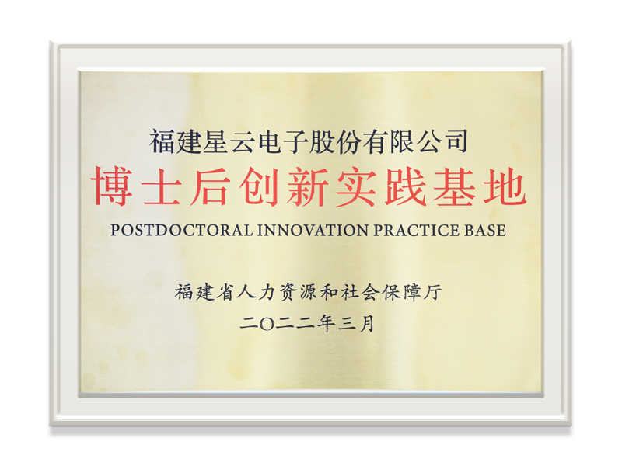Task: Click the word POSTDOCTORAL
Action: pyautogui.click(x=182, y=230)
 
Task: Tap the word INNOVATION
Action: pyautogui.click(x=313, y=230)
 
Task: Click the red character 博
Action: pyautogui.click(x=112, y=186)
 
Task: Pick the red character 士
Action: pyautogui.click(x=161, y=186)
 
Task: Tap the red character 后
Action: pyautogui.click(x=210, y=186)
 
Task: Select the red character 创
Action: pyautogui.click(x=260, y=186)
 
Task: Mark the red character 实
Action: pyautogui.click(x=356, y=186)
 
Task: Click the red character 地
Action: pyautogui.click(x=505, y=186)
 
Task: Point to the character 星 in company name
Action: pyautogui.click(x=216, y=142)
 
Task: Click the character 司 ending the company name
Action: pyautogui.click(x=456, y=142)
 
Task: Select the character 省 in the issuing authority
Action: pyautogui.click(x=225, y=293)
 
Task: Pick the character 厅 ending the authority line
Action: pyautogui.click(x=433, y=293)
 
